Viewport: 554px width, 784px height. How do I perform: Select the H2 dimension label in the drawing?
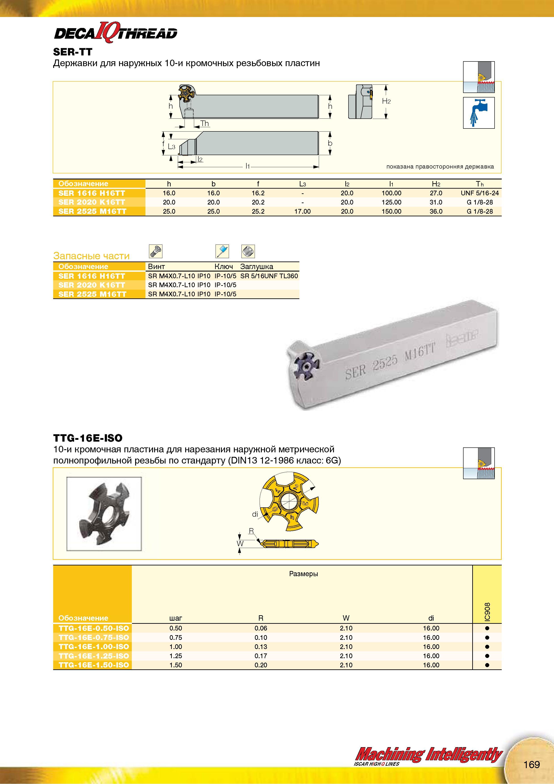point(386,101)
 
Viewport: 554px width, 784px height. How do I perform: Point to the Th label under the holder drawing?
point(204,123)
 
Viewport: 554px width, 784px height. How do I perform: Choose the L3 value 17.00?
point(302,211)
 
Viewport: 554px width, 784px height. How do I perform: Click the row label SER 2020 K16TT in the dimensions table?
point(92,202)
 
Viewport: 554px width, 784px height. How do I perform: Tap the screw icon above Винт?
point(156,251)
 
